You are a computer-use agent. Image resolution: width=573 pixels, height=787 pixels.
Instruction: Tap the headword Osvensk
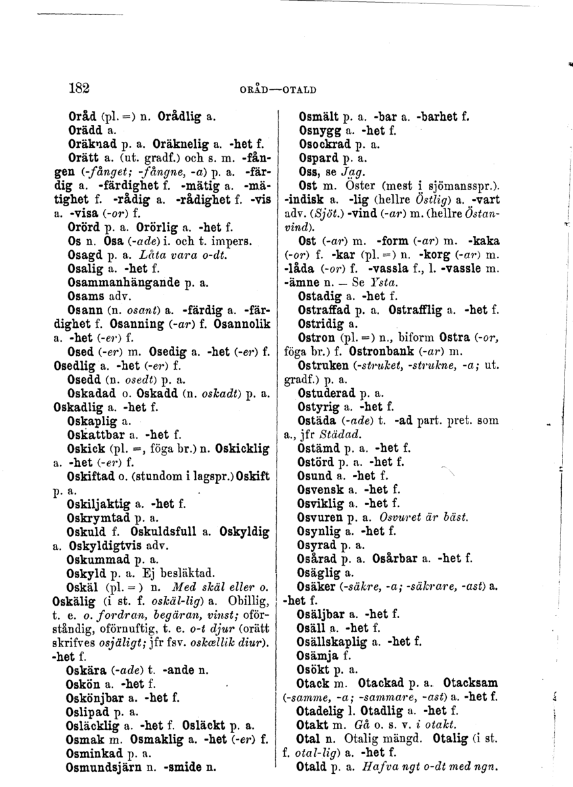click(320, 489)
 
